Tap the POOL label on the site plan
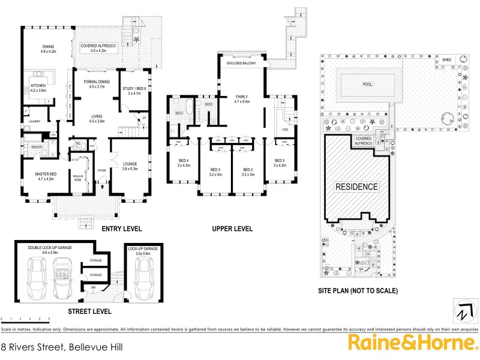[x=368, y=84]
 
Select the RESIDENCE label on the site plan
[x=356, y=187]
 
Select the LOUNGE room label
[x=130, y=166]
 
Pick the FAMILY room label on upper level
[x=241, y=99]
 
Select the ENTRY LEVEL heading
[x=121, y=229]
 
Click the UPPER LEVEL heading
[x=232, y=229]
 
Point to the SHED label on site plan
[x=446, y=60]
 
